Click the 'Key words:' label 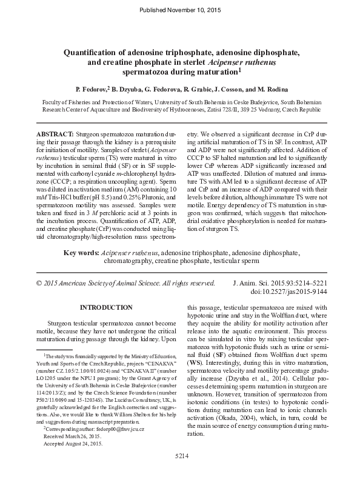[82, 252]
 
